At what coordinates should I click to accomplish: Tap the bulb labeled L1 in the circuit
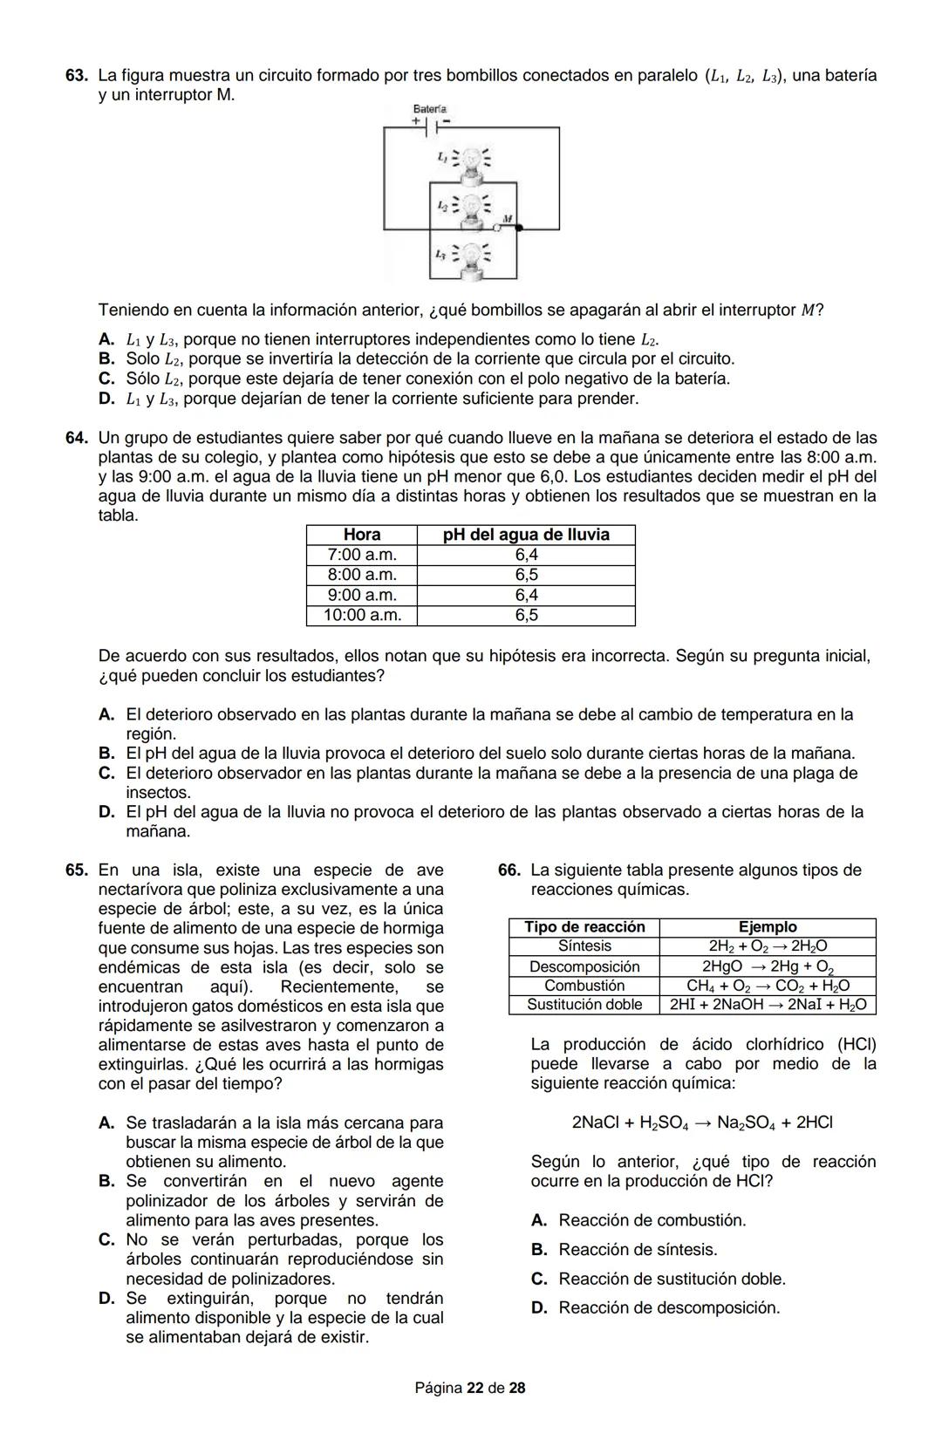[472, 160]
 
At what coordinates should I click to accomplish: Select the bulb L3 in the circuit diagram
[472, 257]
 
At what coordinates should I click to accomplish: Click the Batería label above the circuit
[429, 109]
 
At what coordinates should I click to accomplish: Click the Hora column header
[362, 535]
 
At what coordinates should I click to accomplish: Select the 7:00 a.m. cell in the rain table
[362, 555]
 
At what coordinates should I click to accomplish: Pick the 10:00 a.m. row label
[362, 615]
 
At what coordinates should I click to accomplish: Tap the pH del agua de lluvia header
[526, 535]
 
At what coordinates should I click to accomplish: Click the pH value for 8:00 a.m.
[526, 575]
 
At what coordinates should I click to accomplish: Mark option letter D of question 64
[106, 812]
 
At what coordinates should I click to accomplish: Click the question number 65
[76, 870]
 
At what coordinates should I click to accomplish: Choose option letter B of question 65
[106, 1181]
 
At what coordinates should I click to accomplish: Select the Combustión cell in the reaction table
[584, 986]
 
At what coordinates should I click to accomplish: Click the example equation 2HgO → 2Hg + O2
[768, 966]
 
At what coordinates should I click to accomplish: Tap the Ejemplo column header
[768, 927]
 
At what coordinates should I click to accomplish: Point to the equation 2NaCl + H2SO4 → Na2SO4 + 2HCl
[702, 1123]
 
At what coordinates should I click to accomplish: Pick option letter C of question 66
[539, 1279]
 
